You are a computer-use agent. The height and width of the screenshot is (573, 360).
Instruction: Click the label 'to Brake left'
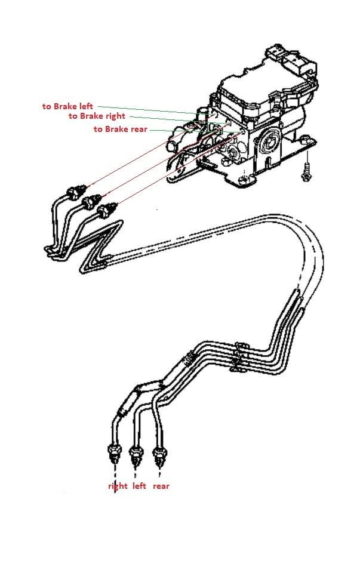(67, 106)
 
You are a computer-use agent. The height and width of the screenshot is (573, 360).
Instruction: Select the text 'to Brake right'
(97, 116)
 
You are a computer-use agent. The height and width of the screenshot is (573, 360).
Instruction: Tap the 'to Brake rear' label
(121, 129)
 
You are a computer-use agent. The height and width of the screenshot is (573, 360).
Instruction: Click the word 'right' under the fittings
(118, 486)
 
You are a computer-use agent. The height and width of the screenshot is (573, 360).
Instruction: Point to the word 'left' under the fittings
(139, 486)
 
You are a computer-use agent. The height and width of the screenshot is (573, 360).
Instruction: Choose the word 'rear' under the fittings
(161, 486)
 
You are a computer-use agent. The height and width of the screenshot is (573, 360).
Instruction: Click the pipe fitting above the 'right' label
(115, 453)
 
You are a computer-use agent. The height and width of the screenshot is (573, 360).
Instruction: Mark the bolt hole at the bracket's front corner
(242, 180)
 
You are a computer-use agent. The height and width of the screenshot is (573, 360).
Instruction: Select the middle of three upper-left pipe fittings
(91, 201)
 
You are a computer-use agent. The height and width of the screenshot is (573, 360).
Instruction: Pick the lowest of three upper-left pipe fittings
(107, 211)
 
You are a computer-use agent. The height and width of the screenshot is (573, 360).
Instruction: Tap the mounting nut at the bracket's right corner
(306, 138)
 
